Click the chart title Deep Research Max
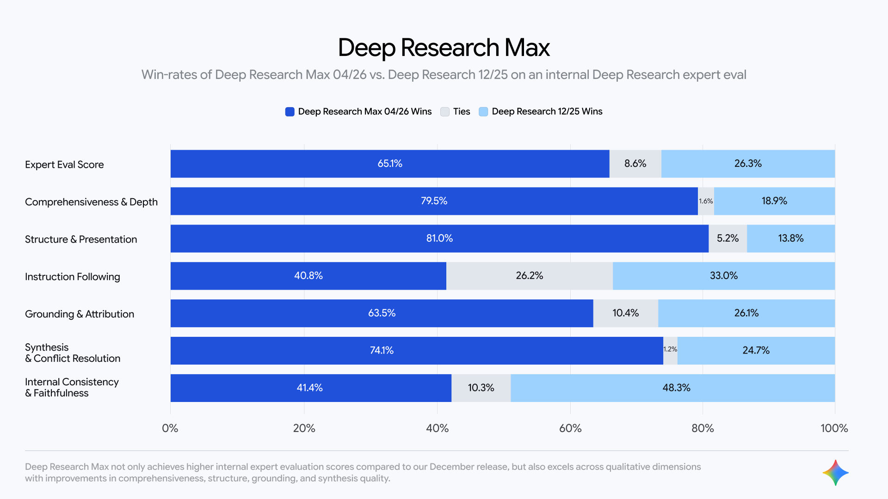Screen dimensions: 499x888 (x=444, y=48)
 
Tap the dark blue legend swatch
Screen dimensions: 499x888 (x=290, y=112)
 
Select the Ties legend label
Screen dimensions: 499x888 (x=461, y=112)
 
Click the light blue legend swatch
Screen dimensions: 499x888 (x=483, y=112)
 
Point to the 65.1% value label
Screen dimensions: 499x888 (x=390, y=164)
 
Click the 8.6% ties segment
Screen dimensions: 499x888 (x=635, y=164)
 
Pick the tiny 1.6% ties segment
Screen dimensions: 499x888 (x=706, y=201)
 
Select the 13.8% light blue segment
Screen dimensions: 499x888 (x=790, y=238)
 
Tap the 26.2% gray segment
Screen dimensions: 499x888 (x=529, y=276)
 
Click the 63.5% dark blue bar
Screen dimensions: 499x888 (x=382, y=313)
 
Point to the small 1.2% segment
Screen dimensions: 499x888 (x=670, y=350)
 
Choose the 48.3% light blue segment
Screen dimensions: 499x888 (x=676, y=388)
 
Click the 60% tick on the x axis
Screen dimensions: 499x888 (x=570, y=428)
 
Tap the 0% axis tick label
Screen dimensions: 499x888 (x=170, y=428)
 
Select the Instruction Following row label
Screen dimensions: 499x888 (x=73, y=277)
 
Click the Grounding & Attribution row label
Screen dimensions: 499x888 (x=80, y=314)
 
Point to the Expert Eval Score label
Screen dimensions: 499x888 (x=64, y=165)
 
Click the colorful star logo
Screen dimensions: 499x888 (x=835, y=473)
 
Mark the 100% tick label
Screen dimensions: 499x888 (x=834, y=428)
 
